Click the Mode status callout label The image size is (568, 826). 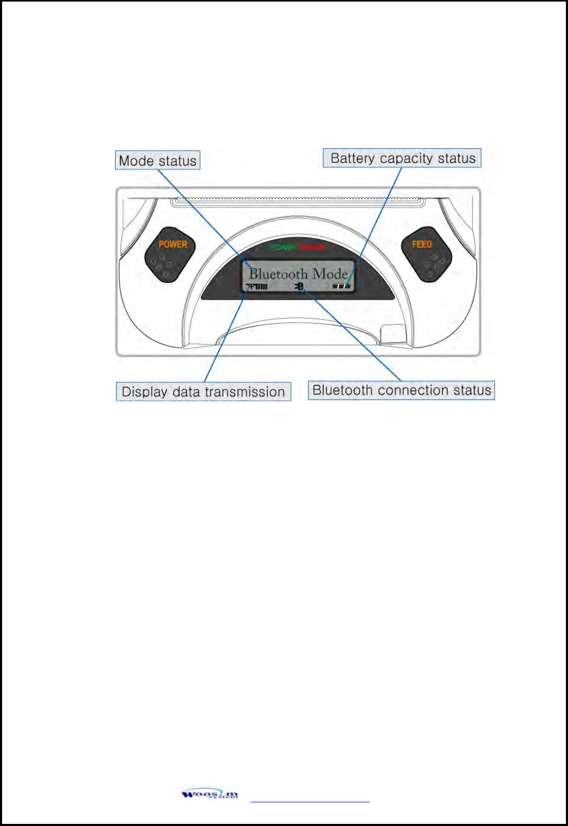(158, 160)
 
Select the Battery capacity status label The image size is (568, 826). (402, 158)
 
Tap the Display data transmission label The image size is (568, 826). (203, 392)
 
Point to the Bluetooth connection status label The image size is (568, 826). (401, 390)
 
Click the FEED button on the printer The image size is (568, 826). (426, 255)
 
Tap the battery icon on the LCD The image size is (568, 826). (341, 286)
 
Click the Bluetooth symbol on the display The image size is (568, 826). (300, 286)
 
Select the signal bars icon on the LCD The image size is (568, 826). (257, 287)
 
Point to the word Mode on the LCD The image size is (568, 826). (330, 274)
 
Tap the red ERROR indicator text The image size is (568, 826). (313, 247)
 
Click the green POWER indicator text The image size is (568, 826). (283, 247)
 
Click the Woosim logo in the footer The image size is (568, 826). (210, 794)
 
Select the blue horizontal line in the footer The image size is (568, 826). (310, 802)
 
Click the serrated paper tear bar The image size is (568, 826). (298, 200)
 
